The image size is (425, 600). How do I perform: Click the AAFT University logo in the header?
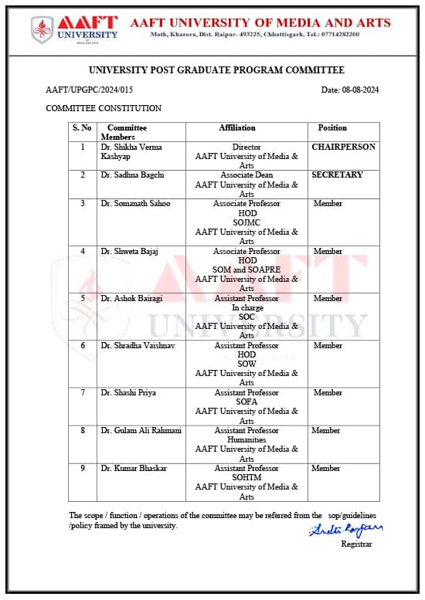75,29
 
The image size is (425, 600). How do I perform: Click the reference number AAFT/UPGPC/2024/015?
95,90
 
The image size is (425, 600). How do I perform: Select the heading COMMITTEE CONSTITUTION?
104,108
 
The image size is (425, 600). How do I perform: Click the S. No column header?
82,127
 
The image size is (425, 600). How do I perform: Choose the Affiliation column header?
237,127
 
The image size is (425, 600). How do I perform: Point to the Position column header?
332,127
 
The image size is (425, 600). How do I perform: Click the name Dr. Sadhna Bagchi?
132,175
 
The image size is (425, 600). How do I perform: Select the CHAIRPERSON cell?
343,147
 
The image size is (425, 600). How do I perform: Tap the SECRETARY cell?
337,175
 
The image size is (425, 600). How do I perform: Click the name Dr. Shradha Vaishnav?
138,345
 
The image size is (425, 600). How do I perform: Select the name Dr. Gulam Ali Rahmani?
141,430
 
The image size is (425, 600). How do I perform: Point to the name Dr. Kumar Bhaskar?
133,468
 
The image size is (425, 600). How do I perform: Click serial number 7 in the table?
83,392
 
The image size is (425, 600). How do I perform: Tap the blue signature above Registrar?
345,531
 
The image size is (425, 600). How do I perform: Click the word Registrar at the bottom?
356,544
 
